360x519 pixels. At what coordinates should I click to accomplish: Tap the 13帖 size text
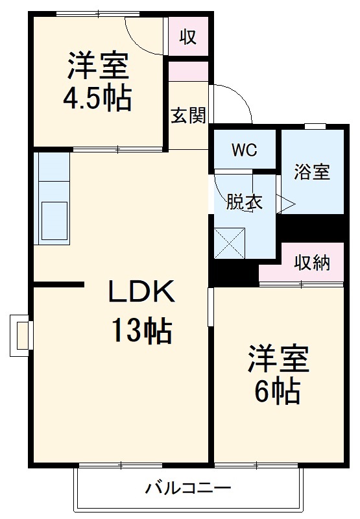pos(141,332)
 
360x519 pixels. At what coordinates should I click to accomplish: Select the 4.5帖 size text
pos(97,99)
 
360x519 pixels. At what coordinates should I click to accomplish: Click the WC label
pos(245,151)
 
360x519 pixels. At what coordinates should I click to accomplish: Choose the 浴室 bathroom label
pos(312,173)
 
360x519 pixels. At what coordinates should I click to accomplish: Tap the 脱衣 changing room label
pos(244,202)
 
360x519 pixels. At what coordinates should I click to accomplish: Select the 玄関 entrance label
pos(188,115)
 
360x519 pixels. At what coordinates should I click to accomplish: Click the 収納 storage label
pos(312,263)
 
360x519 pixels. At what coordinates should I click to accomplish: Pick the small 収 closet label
pos(187,37)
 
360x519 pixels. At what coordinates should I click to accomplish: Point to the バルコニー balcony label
pos(188,488)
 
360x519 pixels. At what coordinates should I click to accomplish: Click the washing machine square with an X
pos(230,243)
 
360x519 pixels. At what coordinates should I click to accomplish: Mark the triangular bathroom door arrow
pos(286,204)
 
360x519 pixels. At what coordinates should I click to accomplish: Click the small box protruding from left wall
pos(20,335)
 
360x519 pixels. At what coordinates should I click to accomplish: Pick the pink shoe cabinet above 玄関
pos(188,71)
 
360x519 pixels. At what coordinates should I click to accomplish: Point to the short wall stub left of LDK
pos(58,284)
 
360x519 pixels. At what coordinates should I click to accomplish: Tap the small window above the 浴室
pos(315,126)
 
